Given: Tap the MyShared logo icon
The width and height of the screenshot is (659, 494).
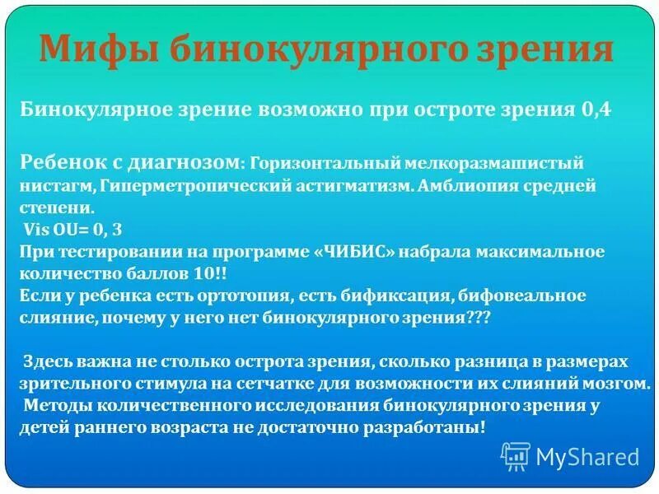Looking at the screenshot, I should pos(516,456).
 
